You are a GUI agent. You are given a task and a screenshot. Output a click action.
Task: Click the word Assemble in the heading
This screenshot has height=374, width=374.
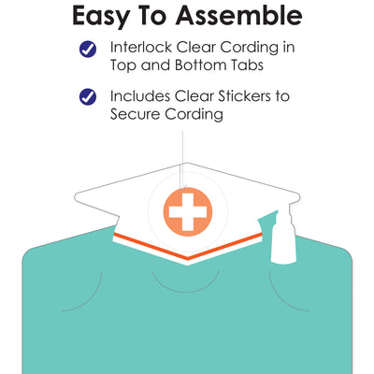click(x=238, y=15)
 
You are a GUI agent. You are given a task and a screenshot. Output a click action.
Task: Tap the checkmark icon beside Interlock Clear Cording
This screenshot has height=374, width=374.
click(x=88, y=49)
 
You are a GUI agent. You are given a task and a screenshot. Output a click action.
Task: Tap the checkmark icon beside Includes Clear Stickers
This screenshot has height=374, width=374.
click(x=88, y=97)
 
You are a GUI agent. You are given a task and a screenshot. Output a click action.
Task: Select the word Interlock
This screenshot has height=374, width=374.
click(x=141, y=48)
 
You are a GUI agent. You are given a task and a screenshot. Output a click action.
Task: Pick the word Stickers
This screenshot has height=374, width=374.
click(x=244, y=96)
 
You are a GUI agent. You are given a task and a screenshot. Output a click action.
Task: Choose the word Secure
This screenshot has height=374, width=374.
click(x=135, y=114)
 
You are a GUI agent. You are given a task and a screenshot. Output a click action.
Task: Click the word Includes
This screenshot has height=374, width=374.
click(x=140, y=96)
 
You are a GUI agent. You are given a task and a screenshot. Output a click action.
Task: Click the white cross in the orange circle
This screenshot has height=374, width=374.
click(x=188, y=212)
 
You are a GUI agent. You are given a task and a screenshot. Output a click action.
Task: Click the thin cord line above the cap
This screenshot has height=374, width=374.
click(x=182, y=159)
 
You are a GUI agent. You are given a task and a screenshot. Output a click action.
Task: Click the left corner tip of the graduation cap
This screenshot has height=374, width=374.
click(x=75, y=197)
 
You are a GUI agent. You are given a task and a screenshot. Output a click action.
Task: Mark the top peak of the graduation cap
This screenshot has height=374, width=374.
click(x=187, y=163)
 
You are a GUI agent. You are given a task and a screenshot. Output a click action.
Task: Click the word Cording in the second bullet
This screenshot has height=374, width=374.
click(x=194, y=115)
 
